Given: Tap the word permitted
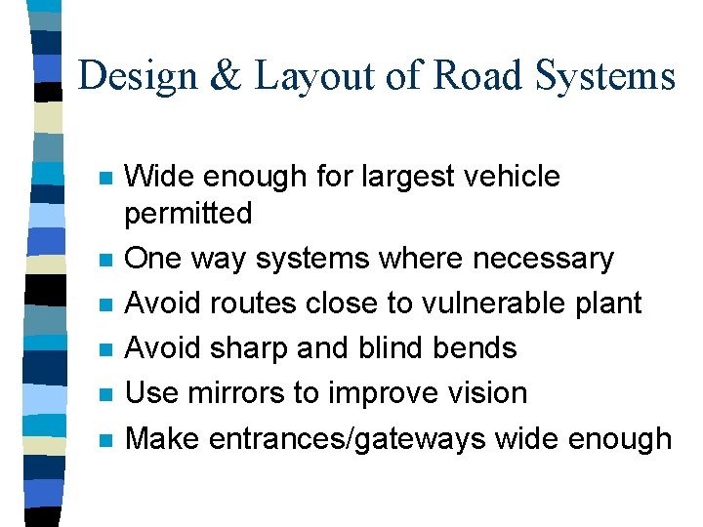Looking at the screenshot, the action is point(189,213).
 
